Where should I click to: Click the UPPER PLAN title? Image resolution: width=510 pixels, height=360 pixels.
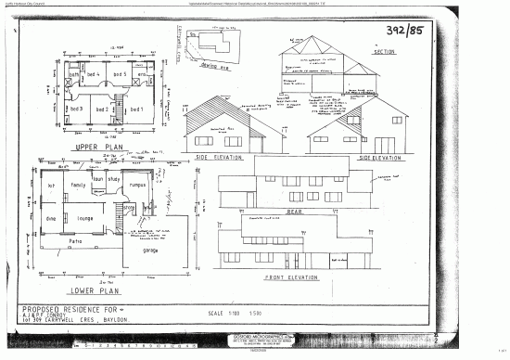[x=94, y=148]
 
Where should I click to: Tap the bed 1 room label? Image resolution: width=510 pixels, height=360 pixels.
[x=136, y=109]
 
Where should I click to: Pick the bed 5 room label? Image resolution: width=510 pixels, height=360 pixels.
[x=119, y=73]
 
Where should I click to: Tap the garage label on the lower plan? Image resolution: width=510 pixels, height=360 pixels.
[x=150, y=250]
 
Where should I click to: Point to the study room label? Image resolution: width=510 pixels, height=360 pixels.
[x=114, y=178]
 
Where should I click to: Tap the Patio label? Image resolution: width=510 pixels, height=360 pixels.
[x=76, y=240]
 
